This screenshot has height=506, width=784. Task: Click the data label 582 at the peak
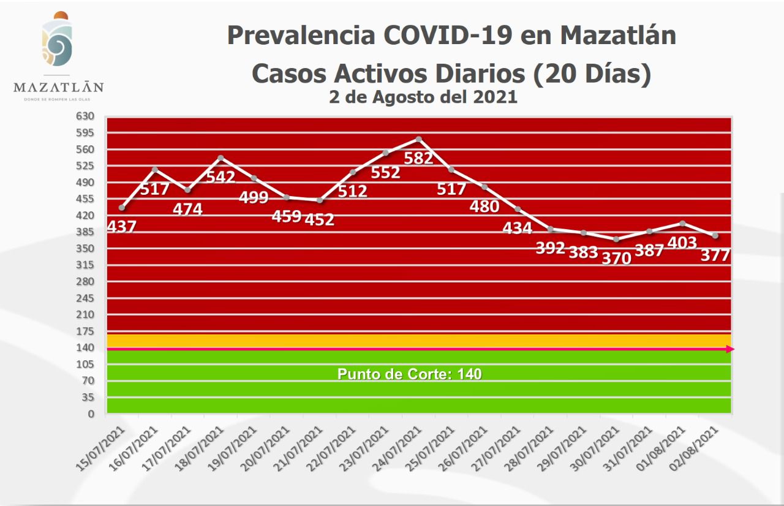point(419,157)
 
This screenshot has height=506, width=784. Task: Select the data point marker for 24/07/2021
point(419,139)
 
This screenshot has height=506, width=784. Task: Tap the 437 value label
point(121,227)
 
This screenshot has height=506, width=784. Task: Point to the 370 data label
point(616,258)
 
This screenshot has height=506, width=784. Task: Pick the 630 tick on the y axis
point(85,116)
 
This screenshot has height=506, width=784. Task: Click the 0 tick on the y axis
point(91,414)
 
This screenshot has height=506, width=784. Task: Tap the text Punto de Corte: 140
point(409,374)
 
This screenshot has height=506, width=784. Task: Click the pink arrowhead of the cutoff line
point(730,349)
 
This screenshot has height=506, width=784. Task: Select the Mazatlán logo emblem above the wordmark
point(58,42)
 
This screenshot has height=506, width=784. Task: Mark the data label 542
point(221,177)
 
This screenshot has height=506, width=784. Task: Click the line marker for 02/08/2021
point(715,236)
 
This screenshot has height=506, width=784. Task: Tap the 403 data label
point(682,243)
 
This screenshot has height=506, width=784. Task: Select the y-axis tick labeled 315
point(85,265)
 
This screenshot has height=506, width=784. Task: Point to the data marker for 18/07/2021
point(221,158)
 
